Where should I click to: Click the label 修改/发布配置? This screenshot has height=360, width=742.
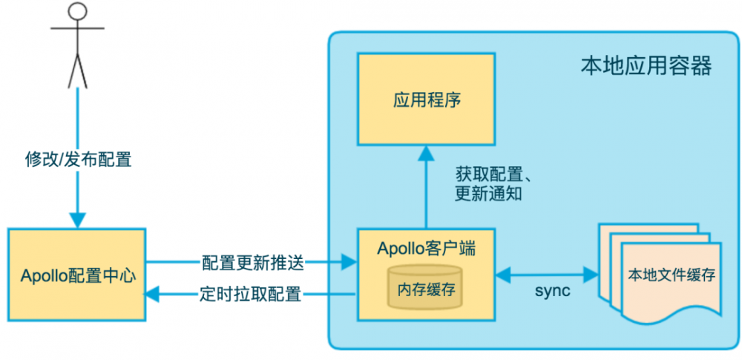tap(78, 159)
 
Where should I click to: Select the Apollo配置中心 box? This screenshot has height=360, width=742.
tap(78, 275)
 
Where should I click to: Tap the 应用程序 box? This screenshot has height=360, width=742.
tap(426, 99)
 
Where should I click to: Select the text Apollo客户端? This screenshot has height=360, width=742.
tap(426, 248)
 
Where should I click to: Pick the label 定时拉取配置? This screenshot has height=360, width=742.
tap(252, 294)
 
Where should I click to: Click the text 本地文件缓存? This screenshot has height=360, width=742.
tap(671, 275)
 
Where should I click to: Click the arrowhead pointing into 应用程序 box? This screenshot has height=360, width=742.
tap(426, 153)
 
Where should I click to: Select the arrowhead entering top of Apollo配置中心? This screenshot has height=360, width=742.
tap(78, 220)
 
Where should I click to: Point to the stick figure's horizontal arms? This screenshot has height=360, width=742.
tap(78, 29)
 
